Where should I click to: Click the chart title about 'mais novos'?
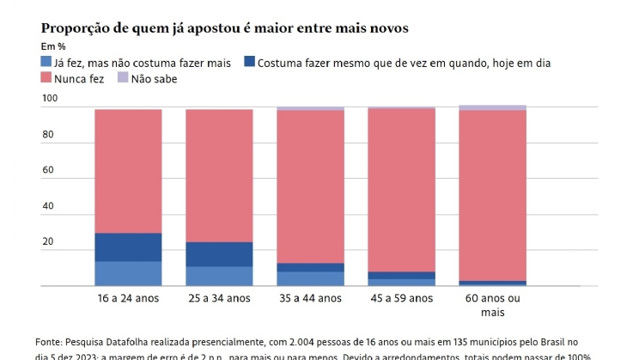[224, 28]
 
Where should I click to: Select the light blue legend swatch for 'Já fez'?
[46, 62]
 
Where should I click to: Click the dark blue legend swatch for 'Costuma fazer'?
[248, 62]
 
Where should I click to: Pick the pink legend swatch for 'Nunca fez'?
[46, 78]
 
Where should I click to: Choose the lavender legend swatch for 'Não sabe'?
[123, 78]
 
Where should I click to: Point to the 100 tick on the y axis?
[49, 100]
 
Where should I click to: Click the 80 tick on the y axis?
[49, 135]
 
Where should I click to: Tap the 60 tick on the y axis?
[49, 171]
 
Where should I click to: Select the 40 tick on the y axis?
[49, 206]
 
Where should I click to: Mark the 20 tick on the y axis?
[49, 242]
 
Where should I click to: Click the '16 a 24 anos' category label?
[128, 298]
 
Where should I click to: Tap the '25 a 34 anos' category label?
[219, 298]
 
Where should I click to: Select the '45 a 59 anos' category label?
[401, 298]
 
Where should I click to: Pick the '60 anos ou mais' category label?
[492, 305]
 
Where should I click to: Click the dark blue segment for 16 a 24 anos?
[128, 247]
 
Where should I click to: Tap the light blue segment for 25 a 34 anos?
[219, 276]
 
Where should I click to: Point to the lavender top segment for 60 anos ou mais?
[492, 107]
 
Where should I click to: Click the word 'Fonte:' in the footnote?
[50, 341]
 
